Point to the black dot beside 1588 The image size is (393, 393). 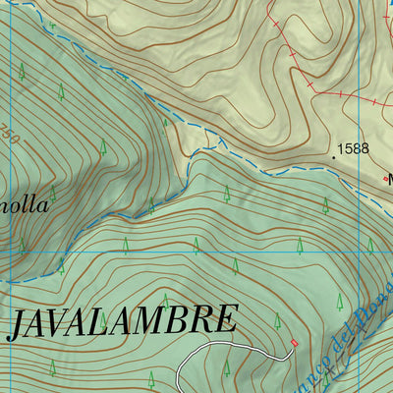pyautogui.click(x=331, y=152)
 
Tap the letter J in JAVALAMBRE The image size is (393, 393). pyautogui.click(x=17, y=324)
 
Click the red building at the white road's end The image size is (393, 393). pyautogui.click(x=294, y=342)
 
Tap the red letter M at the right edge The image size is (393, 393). pyautogui.click(x=388, y=180)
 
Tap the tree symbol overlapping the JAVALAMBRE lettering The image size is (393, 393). pyautogui.click(x=164, y=302)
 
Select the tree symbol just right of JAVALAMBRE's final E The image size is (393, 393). pyautogui.click(x=277, y=321)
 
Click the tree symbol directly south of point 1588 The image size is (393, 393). pyautogui.click(x=326, y=204)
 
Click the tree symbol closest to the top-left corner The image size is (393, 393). pyautogui.click(x=21, y=71)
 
